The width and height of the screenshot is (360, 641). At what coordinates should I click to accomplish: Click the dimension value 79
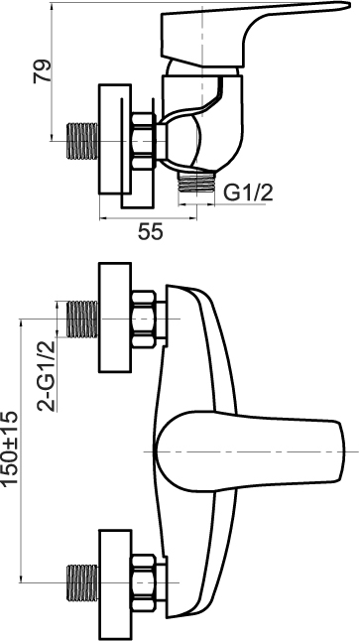(43, 71)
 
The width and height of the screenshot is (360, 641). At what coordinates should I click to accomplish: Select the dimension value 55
(150, 232)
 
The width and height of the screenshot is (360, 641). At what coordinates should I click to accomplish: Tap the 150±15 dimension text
(10, 449)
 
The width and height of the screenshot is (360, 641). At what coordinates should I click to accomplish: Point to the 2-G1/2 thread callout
(46, 375)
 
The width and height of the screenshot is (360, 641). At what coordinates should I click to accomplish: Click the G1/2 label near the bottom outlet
(249, 192)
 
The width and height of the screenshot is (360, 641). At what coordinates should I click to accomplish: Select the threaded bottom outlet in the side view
(196, 182)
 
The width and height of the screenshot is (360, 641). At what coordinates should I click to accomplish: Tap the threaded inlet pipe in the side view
(82, 141)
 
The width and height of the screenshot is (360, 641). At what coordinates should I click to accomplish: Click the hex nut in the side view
(144, 141)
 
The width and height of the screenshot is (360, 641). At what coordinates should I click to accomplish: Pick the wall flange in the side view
(115, 139)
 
